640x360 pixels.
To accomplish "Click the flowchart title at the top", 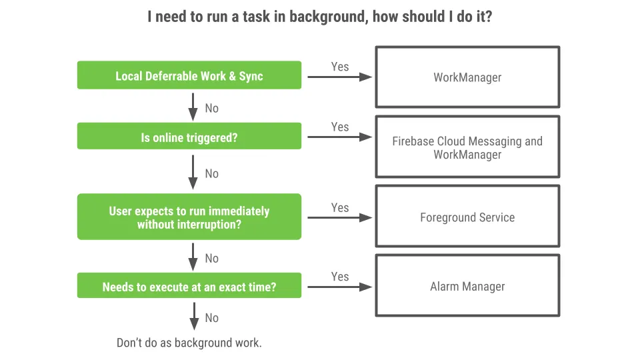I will click(320, 17).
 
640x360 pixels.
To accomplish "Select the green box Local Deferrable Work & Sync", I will click(189, 75).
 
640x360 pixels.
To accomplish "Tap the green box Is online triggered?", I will click(189, 137).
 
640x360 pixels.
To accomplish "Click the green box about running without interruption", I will click(189, 217).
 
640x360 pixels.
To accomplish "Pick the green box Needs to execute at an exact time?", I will click(189, 287).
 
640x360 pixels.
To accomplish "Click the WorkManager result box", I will click(467, 77).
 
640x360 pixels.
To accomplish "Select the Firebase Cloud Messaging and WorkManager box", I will click(467, 147).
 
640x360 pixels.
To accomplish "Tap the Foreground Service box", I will click(467, 217).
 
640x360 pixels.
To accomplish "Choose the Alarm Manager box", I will click(467, 287).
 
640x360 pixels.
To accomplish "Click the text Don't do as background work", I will click(189, 343).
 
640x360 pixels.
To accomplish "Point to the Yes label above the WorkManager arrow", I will click(340, 67).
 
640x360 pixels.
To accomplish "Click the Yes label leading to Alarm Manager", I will click(340, 276).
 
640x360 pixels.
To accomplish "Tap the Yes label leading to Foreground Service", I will click(340, 207).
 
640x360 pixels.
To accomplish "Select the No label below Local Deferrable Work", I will click(211, 108).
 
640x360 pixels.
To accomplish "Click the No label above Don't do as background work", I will click(211, 318).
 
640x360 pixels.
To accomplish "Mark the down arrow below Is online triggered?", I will click(193, 172).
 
